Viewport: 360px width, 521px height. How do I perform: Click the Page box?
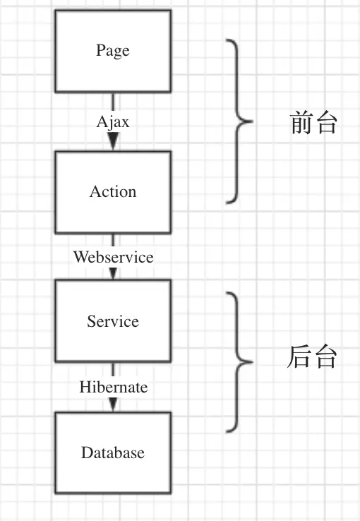(x=112, y=51)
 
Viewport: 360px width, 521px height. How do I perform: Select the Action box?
(x=112, y=191)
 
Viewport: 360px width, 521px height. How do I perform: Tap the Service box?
(x=112, y=321)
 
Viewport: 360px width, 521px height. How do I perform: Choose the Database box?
(x=112, y=453)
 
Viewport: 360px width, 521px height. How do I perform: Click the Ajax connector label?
(x=113, y=121)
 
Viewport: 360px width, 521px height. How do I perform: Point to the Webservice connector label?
(x=113, y=256)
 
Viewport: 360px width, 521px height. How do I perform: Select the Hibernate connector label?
(x=113, y=387)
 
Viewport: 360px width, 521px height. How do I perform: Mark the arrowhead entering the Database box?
(x=113, y=405)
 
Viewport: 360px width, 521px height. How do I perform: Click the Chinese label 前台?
(x=314, y=124)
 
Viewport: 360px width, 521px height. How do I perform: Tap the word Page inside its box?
(x=112, y=51)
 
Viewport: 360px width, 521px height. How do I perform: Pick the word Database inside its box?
(x=112, y=453)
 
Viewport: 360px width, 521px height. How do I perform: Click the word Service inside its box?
(x=112, y=321)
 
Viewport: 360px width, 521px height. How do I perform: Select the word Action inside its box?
(x=112, y=191)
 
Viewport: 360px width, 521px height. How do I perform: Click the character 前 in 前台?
(x=302, y=124)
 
